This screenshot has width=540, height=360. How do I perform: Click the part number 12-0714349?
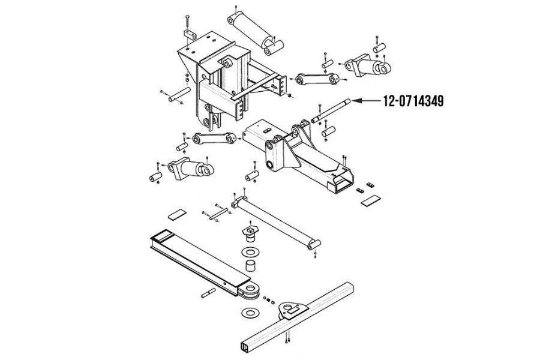413,101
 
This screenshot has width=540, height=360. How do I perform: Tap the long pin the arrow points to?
331,110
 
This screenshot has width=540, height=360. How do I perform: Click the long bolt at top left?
187,22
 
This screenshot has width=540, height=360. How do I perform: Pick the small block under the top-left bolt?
190,35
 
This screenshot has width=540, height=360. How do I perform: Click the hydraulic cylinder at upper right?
367,66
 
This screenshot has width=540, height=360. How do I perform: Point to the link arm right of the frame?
317,79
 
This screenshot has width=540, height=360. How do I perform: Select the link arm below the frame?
214,139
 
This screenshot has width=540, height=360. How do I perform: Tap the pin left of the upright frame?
179,94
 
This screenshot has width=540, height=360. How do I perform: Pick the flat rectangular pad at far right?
371,200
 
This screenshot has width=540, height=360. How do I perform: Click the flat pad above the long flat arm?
177,214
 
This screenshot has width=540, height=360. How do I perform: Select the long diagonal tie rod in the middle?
276,223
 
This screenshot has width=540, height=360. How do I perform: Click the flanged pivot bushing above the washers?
250,233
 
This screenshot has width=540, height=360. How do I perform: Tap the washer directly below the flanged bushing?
250,252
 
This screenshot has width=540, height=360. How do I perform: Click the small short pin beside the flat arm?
208,293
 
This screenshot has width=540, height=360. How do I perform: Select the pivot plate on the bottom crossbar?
293,310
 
